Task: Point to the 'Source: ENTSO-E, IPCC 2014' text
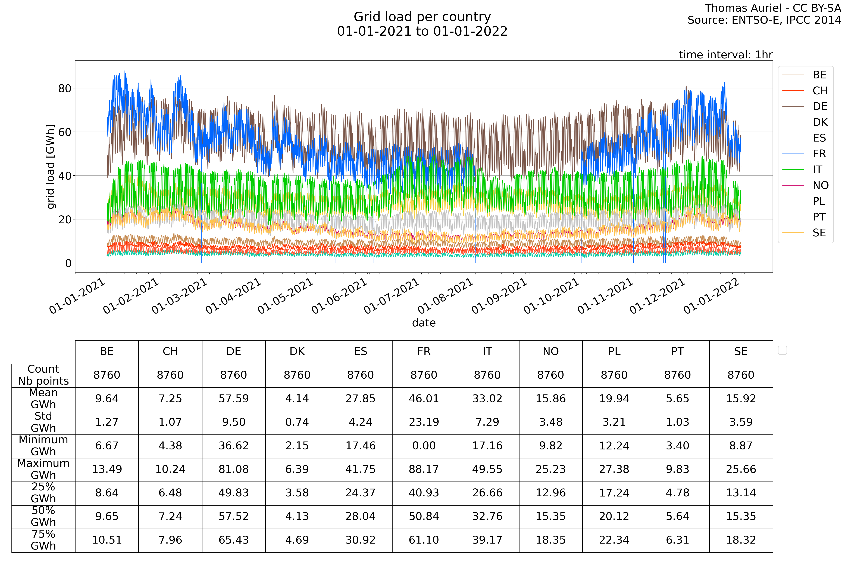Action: (x=764, y=20)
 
